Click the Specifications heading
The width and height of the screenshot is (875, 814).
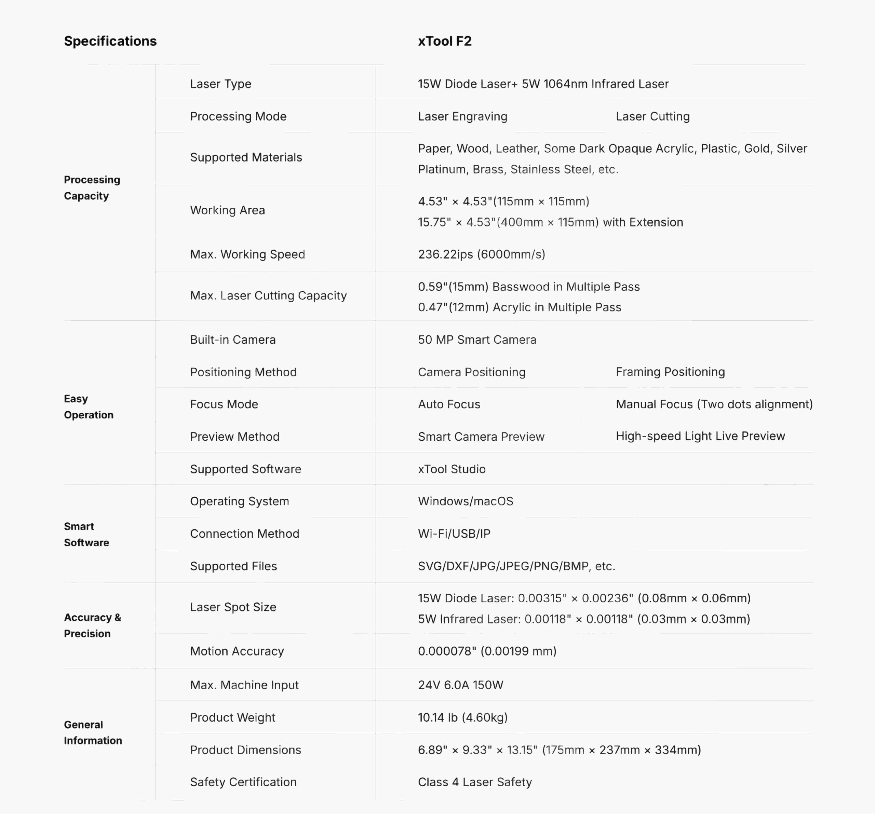[110, 41]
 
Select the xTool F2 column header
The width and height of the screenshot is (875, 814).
[445, 41]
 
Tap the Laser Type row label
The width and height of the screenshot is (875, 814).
[220, 84]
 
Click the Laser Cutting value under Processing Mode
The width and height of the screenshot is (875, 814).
[652, 116]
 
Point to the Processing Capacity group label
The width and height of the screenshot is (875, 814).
[92, 188]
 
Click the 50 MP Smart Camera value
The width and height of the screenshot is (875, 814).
[477, 340]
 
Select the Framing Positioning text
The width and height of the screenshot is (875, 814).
[670, 372]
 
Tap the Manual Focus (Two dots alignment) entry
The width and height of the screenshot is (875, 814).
[714, 404]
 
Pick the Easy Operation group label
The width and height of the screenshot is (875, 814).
[89, 407]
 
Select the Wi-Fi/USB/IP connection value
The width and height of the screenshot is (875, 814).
[454, 534]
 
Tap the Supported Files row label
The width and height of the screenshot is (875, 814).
[233, 566]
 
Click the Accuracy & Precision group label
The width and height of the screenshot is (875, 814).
[92, 625]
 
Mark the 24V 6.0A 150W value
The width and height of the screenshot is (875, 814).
[460, 685]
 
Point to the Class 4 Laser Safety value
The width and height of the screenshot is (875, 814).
[475, 782]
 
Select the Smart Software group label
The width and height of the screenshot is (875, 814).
[86, 534]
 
